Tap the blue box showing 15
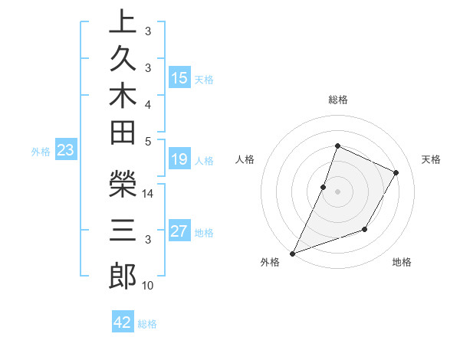click(x=179, y=78)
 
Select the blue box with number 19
click(x=179, y=160)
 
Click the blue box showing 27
click(x=179, y=232)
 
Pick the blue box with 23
click(x=66, y=151)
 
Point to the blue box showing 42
click(x=123, y=322)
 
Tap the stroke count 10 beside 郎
click(x=148, y=286)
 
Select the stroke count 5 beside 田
click(x=148, y=141)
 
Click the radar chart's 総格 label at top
click(x=337, y=100)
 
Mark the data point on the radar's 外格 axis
click(x=293, y=253)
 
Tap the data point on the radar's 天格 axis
click(x=396, y=172)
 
